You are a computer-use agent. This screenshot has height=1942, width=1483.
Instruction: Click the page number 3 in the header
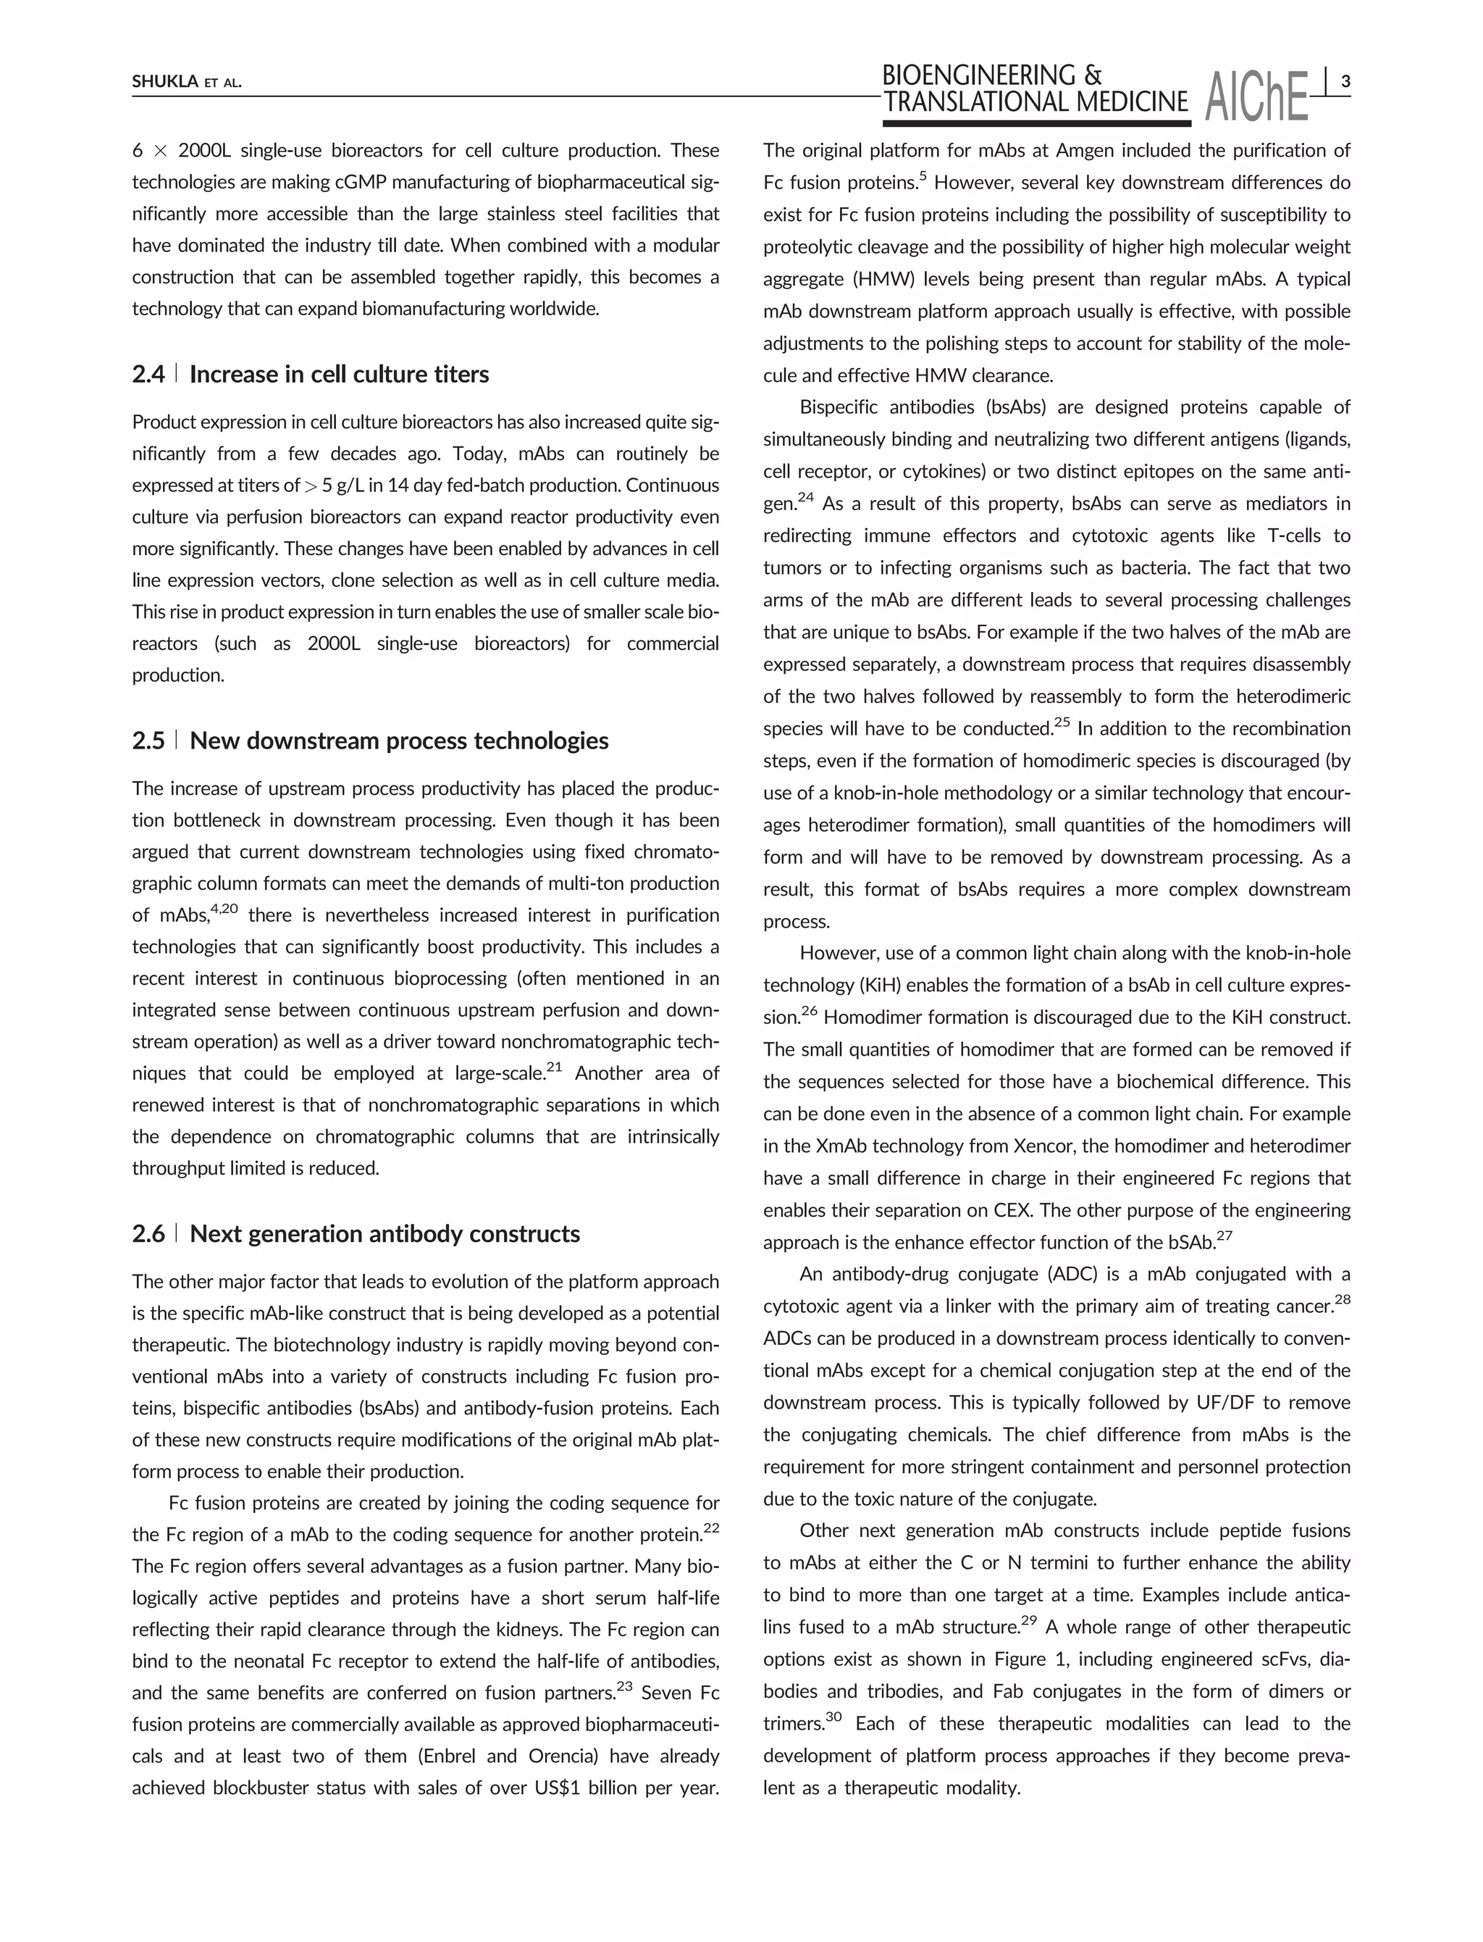[1345, 82]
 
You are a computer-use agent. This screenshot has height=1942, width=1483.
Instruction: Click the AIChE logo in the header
[1257, 97]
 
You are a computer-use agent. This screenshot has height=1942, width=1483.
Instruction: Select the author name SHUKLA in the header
[164, 83]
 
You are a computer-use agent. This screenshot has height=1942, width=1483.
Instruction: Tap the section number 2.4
[148, 375]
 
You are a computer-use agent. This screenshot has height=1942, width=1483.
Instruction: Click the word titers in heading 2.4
[458, 375]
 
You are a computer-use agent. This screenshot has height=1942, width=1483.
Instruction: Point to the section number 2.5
[148, 740]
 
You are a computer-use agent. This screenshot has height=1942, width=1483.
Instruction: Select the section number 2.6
[148, 1234]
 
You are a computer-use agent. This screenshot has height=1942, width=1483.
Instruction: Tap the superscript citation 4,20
[225, 908]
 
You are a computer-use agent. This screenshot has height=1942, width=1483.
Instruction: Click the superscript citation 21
[555, 1067]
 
